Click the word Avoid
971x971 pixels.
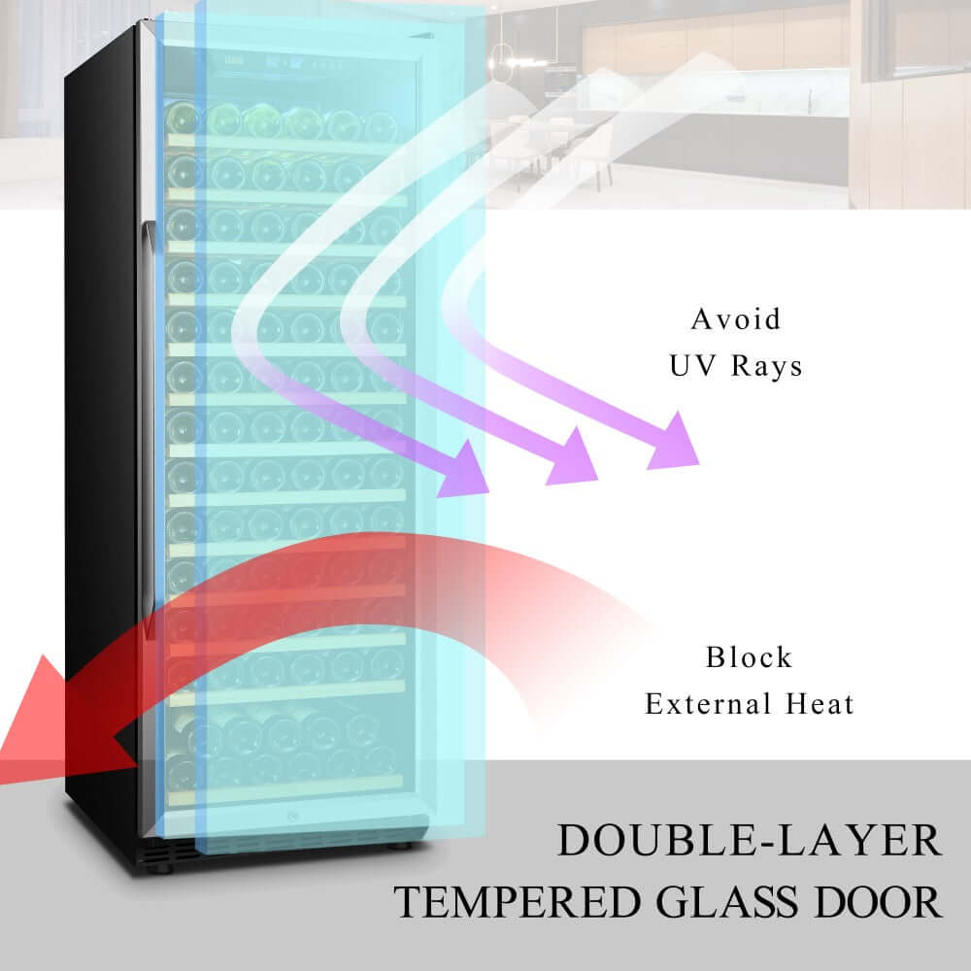[x=736, y=319]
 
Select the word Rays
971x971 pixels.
[x=767, y=365]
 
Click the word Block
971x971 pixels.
[x=749, y=657]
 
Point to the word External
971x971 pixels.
[x=708, y=704]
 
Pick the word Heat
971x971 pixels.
[x=820, y=704]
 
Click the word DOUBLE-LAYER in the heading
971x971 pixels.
[x=750, y=840]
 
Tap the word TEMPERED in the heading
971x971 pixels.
[x=518, y=902]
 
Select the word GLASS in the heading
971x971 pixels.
[x=727, y=902]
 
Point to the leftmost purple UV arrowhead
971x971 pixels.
[x=463, y=469]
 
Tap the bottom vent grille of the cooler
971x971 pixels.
[x=167, y=853]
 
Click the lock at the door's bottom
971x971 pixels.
[x=291, y=817]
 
